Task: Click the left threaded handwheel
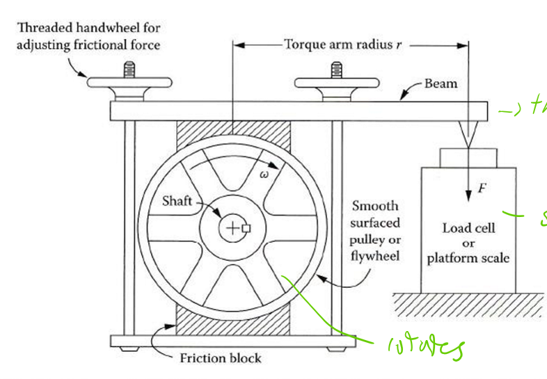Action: pyautogui.click(x=129, y=82)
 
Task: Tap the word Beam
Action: pyautogui.click(x=441, y=84)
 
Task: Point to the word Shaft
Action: pyautogui.click(x=177, y=201)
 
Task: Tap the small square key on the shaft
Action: pyautogui.click(x=246, y=227)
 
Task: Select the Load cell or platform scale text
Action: pyautogui.click(x=468, y=243)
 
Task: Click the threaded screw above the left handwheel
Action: pyautogui.click(x=129, y=69)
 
